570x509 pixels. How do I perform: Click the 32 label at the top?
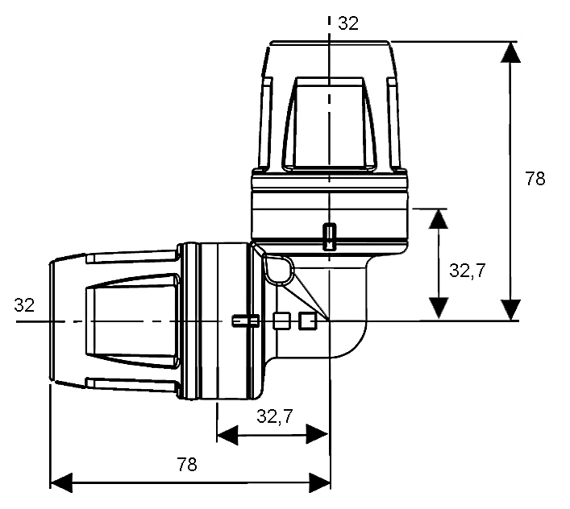coord(348,23)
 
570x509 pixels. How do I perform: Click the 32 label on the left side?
coord(24,305)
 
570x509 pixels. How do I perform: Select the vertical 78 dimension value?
coord(535,179)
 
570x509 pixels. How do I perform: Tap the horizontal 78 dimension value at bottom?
coord(187,465)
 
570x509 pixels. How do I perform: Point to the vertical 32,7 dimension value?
coord(468,271)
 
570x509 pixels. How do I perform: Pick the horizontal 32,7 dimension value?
coord(275,416)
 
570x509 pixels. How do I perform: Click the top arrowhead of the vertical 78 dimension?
coord(511,52)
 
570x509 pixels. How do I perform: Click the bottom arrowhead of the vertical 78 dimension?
coord(511,310)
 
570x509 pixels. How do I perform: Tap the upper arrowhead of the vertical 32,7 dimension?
coord(439,219)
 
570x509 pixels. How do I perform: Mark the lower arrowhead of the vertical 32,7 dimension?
coord(439,308)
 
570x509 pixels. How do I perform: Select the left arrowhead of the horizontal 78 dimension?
coord(61,483)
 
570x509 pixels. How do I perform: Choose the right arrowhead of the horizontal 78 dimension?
coord(319,483)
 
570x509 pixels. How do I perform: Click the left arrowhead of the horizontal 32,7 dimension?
coord(227,434)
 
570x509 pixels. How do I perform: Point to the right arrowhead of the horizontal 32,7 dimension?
coord(318,434)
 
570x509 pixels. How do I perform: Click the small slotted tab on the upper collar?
coord(330,237)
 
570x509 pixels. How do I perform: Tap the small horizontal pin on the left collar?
coord(245,321)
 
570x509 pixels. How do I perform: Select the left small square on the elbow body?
coord(281,321)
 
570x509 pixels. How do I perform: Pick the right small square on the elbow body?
coord(307,321)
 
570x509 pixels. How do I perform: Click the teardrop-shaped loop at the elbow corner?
coord(278,269)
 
